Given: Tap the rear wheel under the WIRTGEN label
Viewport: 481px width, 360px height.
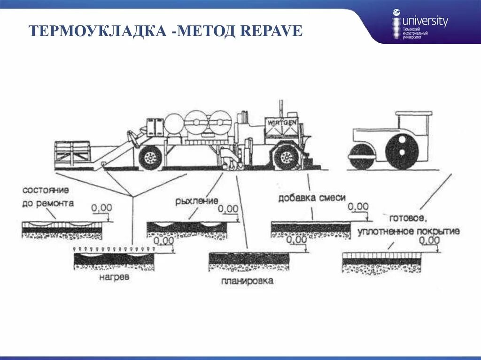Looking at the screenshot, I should click(x=285, y=157).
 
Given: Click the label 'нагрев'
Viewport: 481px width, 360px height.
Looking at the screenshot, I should click(x=114, y=277).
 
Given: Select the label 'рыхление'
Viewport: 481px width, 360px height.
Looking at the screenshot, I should click(x=197, y=201).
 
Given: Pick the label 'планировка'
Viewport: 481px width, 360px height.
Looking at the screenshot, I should click(x=247, y=281).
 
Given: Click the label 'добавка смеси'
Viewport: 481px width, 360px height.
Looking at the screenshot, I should click(x=312, y=198).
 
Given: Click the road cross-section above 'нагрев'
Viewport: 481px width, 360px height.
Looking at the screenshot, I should click(x=114, y=260).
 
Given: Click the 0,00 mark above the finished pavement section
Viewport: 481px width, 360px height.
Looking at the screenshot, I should click(x=429, y=241).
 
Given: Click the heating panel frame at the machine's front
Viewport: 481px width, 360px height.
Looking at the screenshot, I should click(x=72, y=153).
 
